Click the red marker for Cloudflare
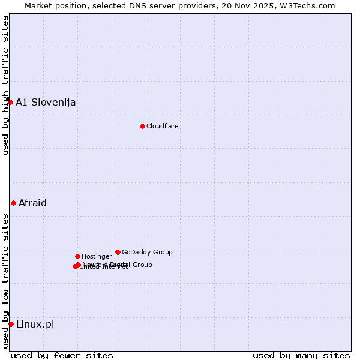click(142, 126)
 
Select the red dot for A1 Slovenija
click(10, 102)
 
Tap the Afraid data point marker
click(13, 203)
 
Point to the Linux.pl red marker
click(11, 324)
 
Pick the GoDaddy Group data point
click(118, 252)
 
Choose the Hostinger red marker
click(77, 256)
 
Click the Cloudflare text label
click(162, 126)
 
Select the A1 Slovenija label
click(46, 102)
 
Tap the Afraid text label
click(32, 203)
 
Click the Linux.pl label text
click(35, 324)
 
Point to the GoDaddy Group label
click(147, 252)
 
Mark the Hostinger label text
click(97, 256)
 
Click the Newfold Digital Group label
click(118, 264)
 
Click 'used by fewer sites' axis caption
click(62, 355)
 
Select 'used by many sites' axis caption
click(301, 355)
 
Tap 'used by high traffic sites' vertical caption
click(5, 85)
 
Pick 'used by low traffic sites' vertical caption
click(5, 281)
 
